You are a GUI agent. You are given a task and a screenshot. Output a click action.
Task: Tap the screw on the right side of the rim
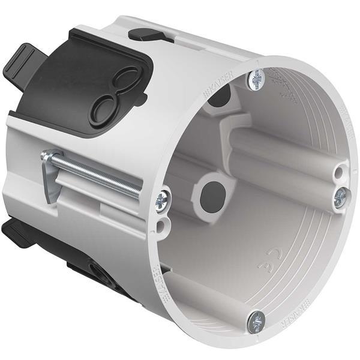[x=341, y=197]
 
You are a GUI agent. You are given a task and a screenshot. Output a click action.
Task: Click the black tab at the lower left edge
[x=15, y=232]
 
